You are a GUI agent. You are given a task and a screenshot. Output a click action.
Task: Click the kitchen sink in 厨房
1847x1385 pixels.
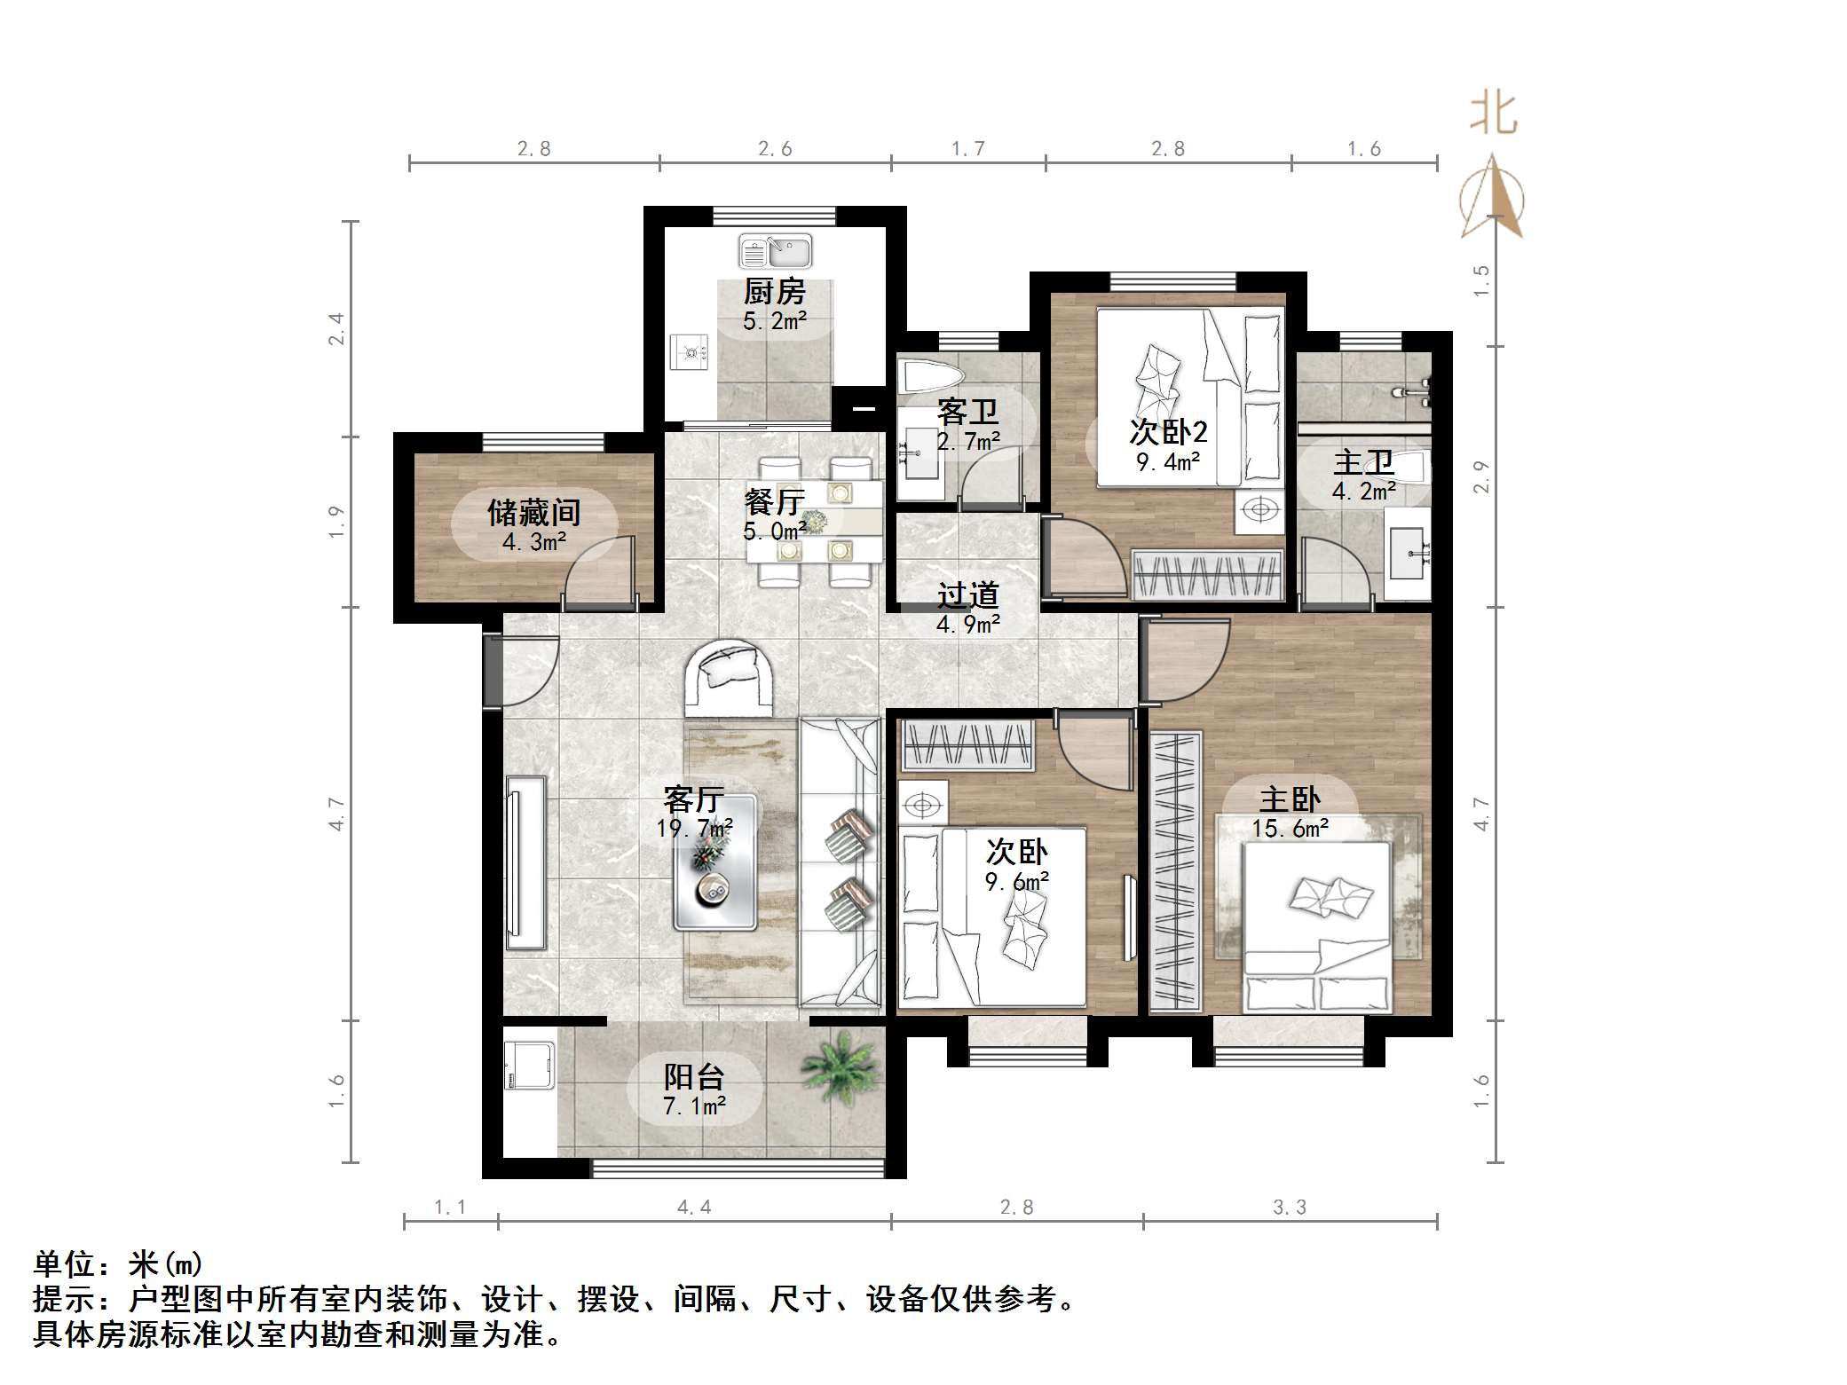click(x=775, y=252)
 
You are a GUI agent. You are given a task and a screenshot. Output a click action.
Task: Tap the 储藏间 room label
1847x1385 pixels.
click(x=533, y=513)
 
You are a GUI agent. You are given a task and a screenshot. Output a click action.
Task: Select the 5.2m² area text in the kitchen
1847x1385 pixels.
click(x=775, y=321)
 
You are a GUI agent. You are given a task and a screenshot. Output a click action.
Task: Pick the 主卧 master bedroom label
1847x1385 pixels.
click(x=1290, y=799)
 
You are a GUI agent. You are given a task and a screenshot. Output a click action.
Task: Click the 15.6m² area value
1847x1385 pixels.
click(x=1290, y=829)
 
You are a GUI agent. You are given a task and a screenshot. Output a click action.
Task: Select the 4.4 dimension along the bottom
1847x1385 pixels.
click(x=693, y=1207)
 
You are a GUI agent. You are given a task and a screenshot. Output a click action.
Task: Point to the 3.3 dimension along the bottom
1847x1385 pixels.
click(x=1289, y=1207)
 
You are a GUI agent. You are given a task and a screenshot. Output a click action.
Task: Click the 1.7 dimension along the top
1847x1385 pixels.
click(x=967, y=149)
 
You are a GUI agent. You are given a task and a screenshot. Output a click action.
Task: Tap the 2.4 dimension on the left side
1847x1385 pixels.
click(x=336, y=328)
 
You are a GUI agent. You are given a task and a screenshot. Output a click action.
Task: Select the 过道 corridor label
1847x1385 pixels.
click(x=967, y=594)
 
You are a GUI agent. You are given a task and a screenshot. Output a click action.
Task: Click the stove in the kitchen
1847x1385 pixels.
click(x=690, y=353)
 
